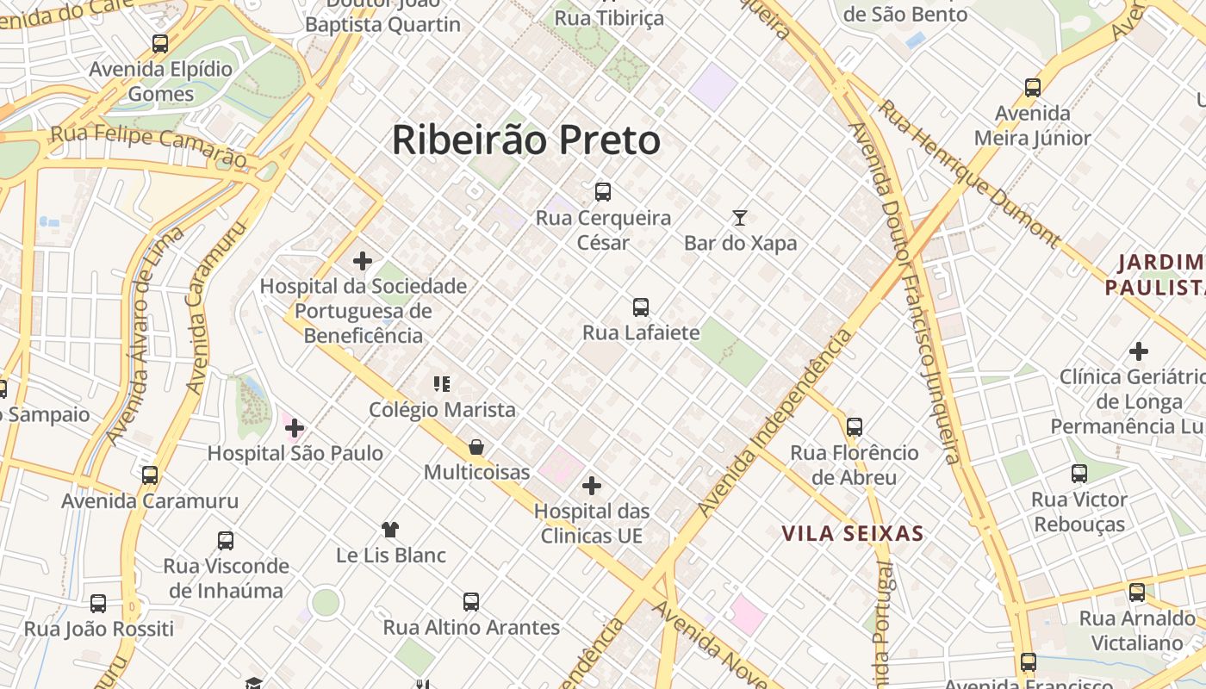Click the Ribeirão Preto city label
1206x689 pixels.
click(525, 140)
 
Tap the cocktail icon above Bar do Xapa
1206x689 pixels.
click(739, 217)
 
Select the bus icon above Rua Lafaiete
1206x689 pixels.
click(641, 307)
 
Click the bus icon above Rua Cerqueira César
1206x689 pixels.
click(603, 192)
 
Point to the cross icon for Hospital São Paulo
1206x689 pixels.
click(295, 427)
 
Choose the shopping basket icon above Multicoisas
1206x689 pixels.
click(476, 447)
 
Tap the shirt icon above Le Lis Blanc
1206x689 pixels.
click(390, 529)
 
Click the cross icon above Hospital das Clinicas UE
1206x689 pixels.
click(591, 486)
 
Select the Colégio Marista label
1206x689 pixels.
click(442, 410)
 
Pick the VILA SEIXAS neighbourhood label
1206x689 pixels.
click(852, 534)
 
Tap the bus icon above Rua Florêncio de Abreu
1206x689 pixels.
click(855, 426)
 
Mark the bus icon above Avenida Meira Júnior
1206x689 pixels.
click(1033, 87)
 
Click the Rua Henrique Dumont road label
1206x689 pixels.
click(968, 172)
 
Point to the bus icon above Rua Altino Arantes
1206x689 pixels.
click(470, 601)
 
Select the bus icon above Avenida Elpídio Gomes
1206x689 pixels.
click(160, 43)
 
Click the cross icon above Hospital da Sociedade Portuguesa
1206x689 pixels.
click(363, 260)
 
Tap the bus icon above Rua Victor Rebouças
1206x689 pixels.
click(1079, 473)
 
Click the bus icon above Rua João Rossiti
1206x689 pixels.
click(98, 603)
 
